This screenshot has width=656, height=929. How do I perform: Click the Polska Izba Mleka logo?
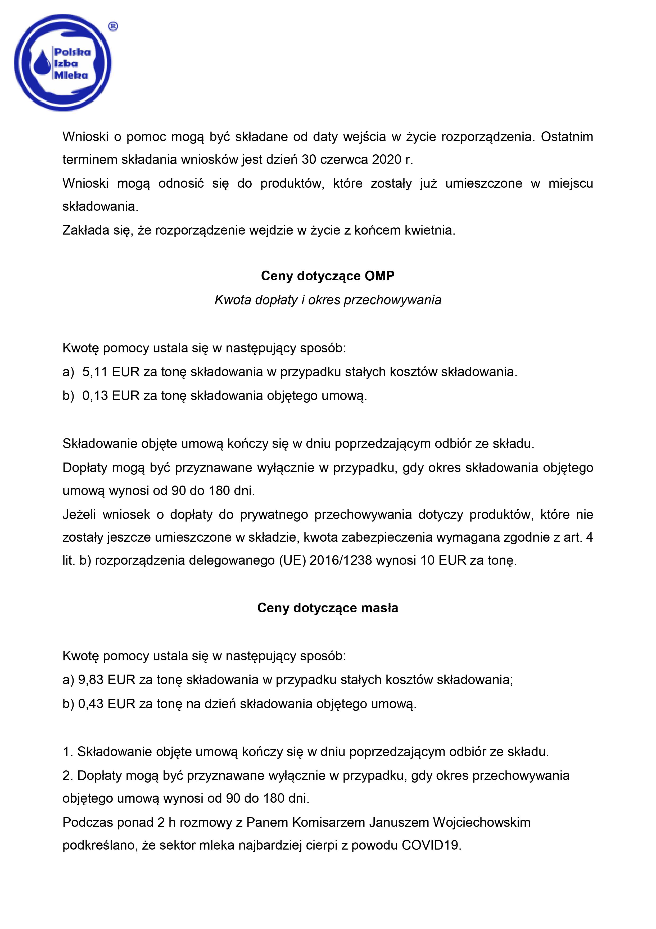click(x=63, y=63)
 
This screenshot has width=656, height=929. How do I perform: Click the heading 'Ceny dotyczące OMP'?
click(x=328, y=276)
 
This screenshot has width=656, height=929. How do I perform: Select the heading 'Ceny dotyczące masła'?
click(x=328, y=608)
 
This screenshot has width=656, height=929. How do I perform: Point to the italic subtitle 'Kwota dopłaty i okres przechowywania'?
click(x=328, y=300)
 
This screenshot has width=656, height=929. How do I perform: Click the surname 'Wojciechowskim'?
click(x=481, y=823)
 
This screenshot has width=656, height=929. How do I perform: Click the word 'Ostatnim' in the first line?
click(x=567, y=137)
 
